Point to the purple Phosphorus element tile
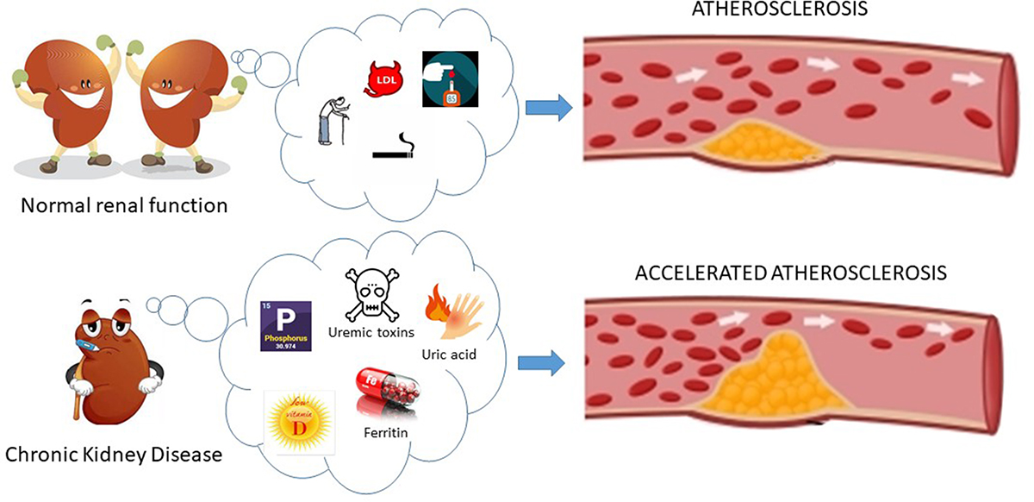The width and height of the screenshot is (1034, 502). (x=285, y=326)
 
